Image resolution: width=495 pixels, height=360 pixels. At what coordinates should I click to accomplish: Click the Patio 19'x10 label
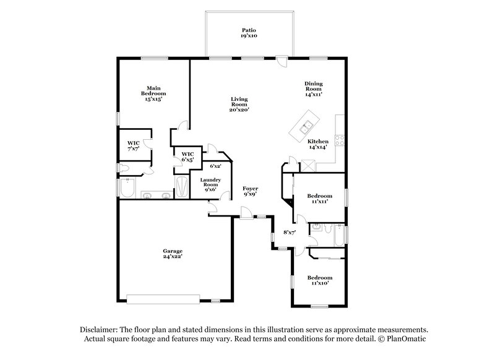249,33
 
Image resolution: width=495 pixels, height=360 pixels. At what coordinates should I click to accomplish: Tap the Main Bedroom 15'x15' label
154,93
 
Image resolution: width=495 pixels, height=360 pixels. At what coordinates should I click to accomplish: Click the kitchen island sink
306,128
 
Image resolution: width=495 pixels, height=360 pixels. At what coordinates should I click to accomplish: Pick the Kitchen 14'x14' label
318,144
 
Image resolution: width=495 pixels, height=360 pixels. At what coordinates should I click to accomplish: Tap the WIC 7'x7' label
134,146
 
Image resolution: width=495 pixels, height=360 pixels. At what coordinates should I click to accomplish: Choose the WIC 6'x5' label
187,156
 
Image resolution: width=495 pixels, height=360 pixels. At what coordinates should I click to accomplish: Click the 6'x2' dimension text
215,166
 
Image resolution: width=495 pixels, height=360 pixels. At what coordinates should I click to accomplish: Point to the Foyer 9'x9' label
251,191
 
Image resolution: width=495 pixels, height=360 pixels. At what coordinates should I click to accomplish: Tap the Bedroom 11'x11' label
318,199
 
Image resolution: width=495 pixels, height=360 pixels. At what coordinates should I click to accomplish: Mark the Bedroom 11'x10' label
321,280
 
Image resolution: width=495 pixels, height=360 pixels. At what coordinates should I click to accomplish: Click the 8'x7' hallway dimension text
289,232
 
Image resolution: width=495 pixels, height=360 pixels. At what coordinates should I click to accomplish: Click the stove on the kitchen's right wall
339,139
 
